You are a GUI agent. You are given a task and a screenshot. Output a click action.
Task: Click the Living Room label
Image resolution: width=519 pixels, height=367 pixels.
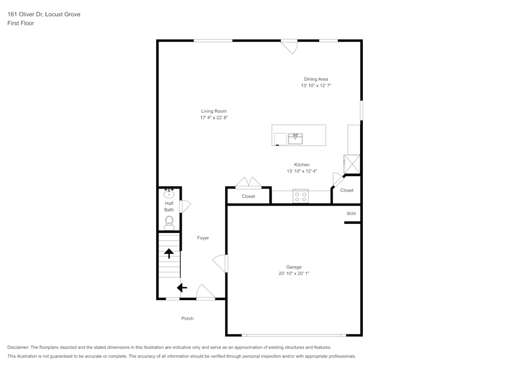pyautogui.click(x=214, y=111)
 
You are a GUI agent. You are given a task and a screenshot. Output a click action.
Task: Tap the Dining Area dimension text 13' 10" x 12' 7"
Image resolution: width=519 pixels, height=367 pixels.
pyautogui.click(x=316, y=86)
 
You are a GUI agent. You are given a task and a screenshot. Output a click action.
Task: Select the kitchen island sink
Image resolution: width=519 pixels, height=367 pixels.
pyautogui.click(x=295, y=139)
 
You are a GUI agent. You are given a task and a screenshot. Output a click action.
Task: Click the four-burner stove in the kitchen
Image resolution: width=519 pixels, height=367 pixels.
pyautogui.click(x=301, y=196)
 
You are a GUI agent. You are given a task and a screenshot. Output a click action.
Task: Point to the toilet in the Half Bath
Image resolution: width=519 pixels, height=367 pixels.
pyautogui.click(x=169, y=223)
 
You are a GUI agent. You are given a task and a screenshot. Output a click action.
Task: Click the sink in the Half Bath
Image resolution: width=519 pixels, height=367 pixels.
pyautogui.click(x=169, y=195)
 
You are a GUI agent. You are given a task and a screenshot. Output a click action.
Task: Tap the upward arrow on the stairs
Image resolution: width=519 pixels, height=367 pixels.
pyautogui.click(x=169, y=253)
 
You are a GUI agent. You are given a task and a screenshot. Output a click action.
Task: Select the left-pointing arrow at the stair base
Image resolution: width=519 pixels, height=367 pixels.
pyautogui.click(x=182, y=287)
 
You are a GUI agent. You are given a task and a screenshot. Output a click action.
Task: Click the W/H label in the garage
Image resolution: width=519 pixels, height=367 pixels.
pyautogui.click(x=351, y=213)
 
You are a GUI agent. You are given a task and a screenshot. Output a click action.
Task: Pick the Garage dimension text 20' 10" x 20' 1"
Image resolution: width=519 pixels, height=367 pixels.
pyautogui.click(x=294, y=274)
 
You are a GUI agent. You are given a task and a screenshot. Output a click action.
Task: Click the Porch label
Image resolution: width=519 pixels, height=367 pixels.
pyautogui.click(x=187, y=318)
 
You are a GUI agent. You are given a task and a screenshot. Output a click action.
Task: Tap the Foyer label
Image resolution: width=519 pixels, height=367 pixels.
pyautogui.click(x=203, y=238)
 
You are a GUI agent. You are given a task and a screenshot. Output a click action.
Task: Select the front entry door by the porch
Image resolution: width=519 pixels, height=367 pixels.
pyautogui.click(x=205, y=292)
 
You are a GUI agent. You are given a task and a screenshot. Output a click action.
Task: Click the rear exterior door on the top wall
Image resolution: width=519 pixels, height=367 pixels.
pyautogui.click(x=290, y=46)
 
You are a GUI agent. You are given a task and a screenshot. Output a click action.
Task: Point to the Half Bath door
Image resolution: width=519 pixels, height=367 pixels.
pyautogui.click(x=185, y=207)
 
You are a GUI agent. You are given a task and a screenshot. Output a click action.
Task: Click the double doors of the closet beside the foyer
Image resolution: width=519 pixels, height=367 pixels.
pyautogui.click(x=248, y=183)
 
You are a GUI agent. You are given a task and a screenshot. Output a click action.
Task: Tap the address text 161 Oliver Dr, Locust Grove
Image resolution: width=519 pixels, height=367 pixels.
pyautogui.click(x=44, y=15)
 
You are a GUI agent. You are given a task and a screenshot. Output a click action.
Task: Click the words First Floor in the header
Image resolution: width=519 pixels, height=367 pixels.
pyautogui.click(x=21, y=23)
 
